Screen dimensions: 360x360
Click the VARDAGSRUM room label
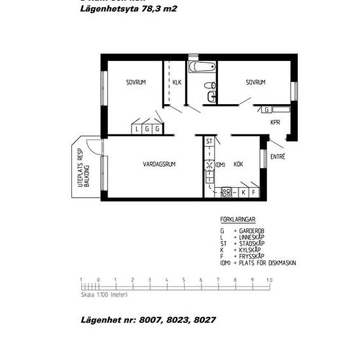(x=159, y=164)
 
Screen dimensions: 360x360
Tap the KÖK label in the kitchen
(x=238, y=164)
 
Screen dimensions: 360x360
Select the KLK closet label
(x=177, y=82)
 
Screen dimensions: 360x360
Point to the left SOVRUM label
(x=135, y=82)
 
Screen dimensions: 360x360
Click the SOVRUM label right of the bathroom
(x=255, y=82)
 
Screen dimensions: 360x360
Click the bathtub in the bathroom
(x=201, y=67)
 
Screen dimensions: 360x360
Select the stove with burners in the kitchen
(x=226, y=192)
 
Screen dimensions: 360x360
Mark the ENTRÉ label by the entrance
(x=278, y=156)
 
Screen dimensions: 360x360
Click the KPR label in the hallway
(x=276, y=122)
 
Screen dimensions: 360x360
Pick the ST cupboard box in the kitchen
(x=209, y=141)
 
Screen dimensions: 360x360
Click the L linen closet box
(x=137, y=129)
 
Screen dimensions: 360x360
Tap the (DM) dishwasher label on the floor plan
(x=221, y=164)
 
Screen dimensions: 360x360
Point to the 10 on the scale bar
(x=269, y=279)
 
